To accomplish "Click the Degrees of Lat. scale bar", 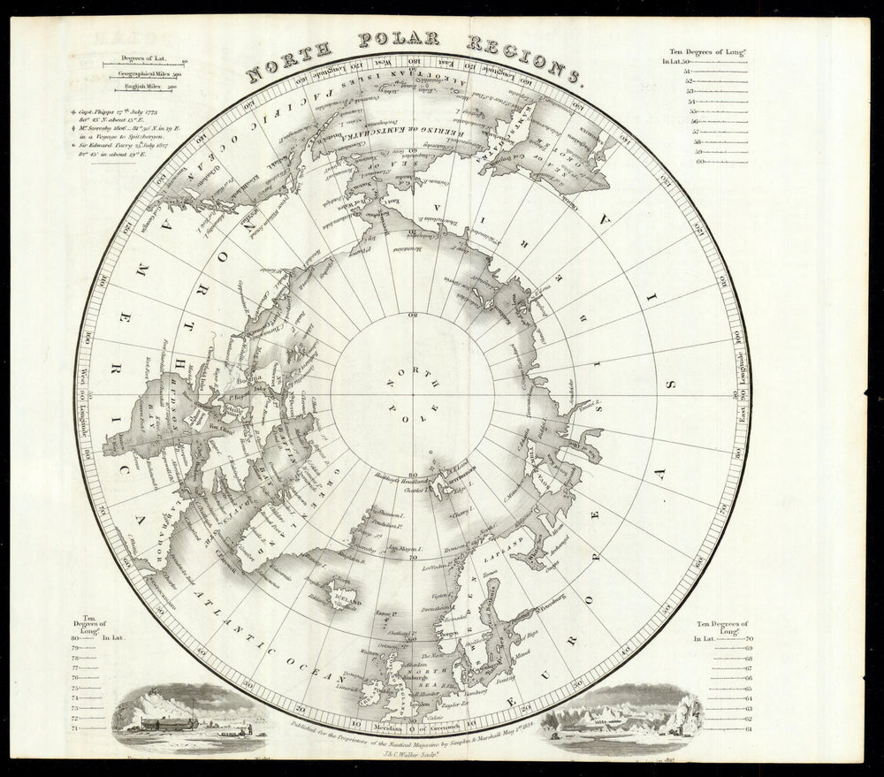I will pyautogui.click(x=143, y=61).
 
